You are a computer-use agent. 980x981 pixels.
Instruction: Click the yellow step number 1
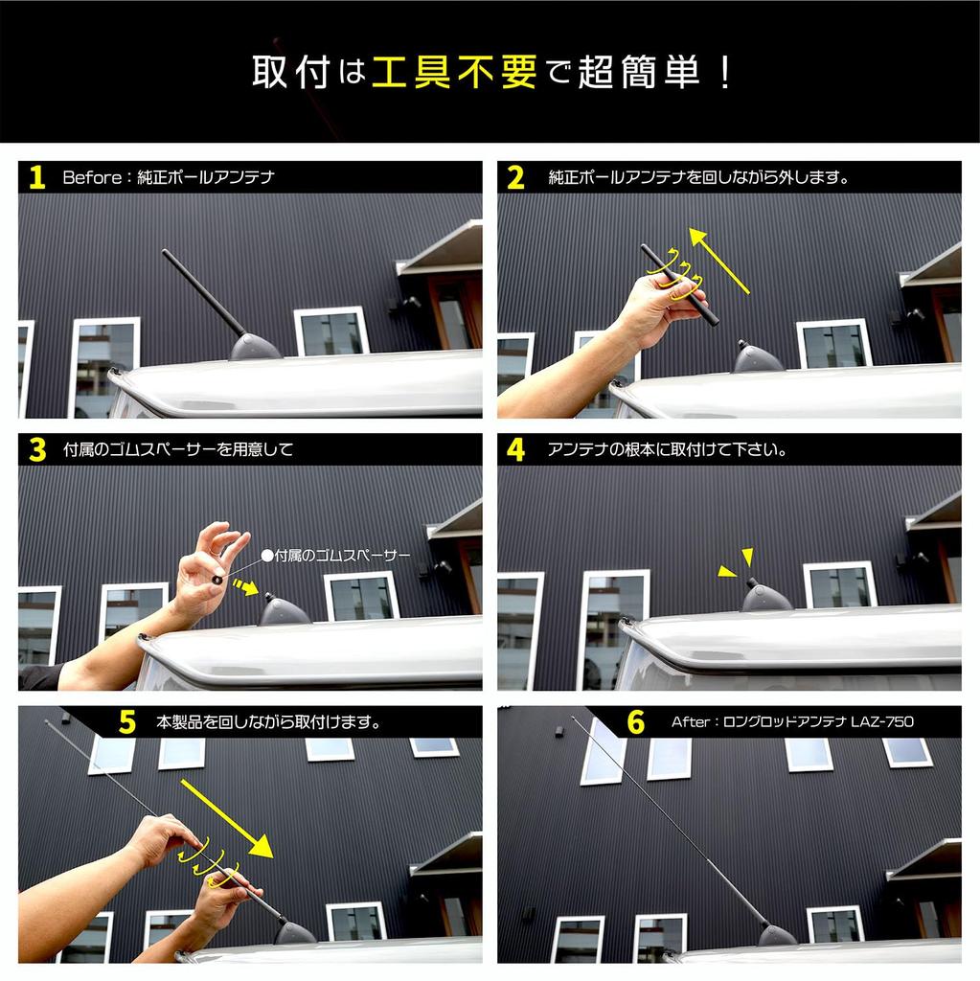pos(37,177)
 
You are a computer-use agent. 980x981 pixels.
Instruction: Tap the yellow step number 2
pos(515,177)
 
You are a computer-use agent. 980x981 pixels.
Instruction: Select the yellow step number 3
pos(37,449)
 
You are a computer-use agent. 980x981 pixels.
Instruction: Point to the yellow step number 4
pos(515,449)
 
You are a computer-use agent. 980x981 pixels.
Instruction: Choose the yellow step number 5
pos(127,722)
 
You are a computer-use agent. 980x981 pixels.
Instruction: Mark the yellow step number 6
pos(636,722)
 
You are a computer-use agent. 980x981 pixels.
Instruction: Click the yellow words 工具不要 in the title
pos(455,72)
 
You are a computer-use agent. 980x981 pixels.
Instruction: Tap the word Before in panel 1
pos(92,177)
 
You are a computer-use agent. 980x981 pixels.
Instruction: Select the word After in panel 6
pos(691,722)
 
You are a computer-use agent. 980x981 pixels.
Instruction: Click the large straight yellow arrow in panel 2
pos(718,261)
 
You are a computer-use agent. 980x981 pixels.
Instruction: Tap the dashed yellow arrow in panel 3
pos(245,587)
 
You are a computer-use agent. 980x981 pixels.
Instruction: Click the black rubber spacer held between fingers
pos(217,580)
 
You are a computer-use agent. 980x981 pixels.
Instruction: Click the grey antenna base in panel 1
pos(256,347)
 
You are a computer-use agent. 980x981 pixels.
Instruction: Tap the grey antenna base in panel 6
pos(777,935)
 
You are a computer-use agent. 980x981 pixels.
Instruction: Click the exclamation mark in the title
pos(725,72)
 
